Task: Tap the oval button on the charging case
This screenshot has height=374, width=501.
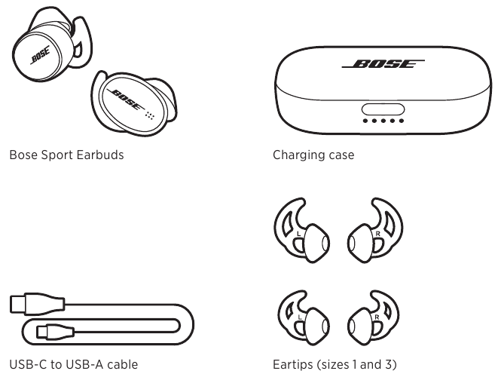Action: pos(383,109)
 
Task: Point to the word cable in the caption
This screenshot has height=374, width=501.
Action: pos(122,366)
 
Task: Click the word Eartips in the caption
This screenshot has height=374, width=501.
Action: pos(293,366)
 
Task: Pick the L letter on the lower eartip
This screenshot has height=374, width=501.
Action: pos(300,320)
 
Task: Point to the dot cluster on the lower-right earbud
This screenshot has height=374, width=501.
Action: pos(149,115)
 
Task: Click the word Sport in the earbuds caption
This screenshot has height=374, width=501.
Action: pos(55,156)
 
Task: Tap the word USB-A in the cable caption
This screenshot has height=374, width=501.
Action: pos(79,366)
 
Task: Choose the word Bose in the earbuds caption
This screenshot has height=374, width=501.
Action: pos(23,156)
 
